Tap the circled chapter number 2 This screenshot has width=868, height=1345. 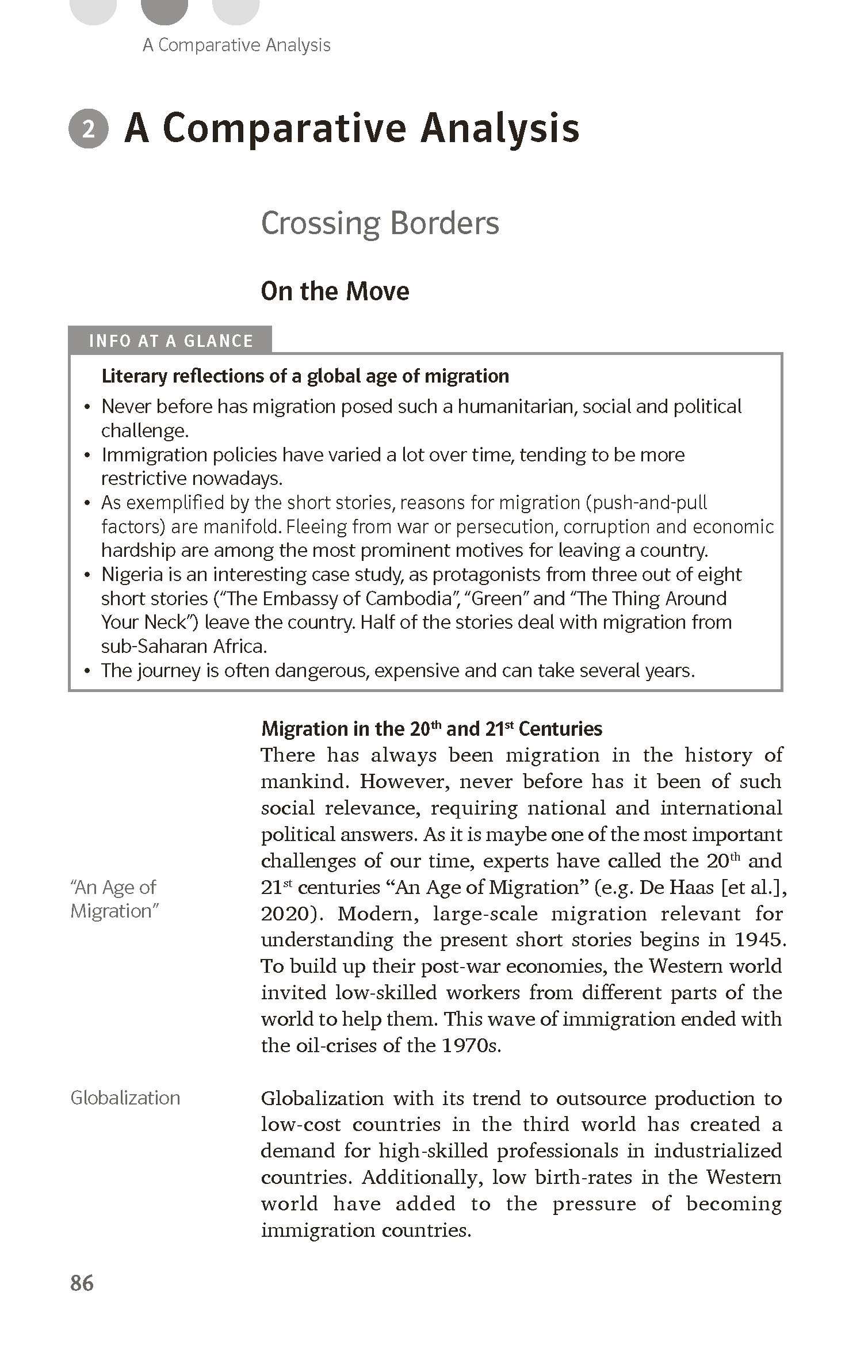coord(88,129)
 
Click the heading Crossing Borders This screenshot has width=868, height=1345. coord(380,223)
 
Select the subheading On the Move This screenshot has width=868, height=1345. coord(335,291)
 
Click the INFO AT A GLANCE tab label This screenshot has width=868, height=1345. coord(171,341)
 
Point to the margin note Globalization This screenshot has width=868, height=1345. coord(125,1098)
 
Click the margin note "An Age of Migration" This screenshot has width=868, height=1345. coord(114,899)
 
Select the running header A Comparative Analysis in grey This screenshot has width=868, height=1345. coord(236,45)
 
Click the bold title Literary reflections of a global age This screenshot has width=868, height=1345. coord(305,376)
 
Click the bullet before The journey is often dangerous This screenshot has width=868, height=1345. coord(87,671)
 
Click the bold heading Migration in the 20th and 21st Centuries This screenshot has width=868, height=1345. coord(431,729)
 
